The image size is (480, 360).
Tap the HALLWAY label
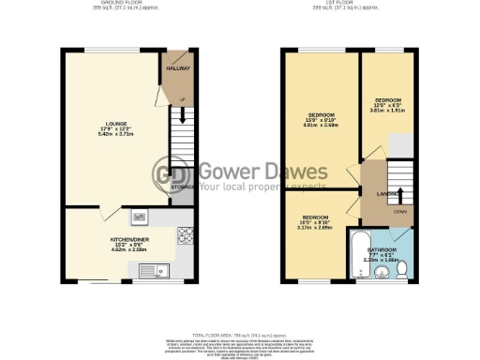pyautogui.click(x=178, y=68)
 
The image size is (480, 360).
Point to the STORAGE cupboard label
pyautogui.click(x=183, y=187)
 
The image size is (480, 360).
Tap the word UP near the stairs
pyautogui.click(x=182, y=97)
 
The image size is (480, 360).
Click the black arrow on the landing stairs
pyautogui.click(x=400, y=196)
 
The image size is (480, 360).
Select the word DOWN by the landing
pyautogui.click(x=400, y=212)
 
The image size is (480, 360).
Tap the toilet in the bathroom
pyautogui.click(x=402, y=269)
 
